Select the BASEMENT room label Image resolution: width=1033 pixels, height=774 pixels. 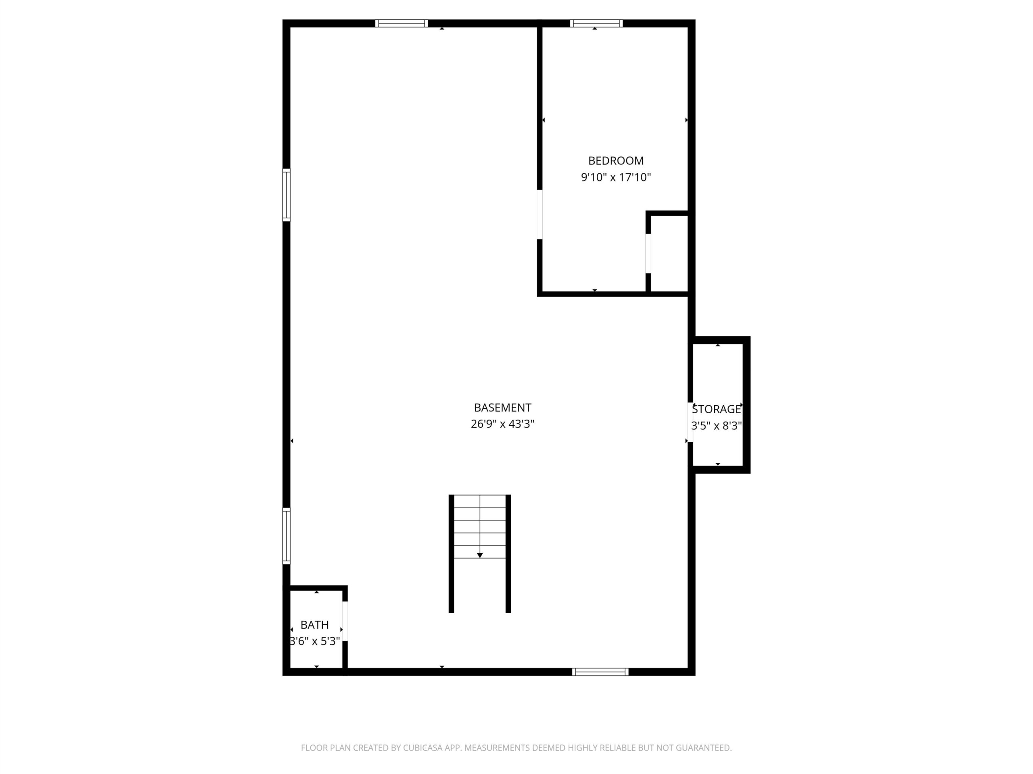pos(502,408)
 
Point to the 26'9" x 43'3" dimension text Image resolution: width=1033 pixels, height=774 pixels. pos(502,424)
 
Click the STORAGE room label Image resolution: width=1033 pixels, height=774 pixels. pos(716,409)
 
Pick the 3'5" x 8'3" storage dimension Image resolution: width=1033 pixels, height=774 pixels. pos(716,425)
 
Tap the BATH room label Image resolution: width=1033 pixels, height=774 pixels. pos(314,625)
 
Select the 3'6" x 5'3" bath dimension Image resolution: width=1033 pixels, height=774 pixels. pos(314,641)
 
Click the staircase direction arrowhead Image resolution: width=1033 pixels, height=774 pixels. pos(480,555)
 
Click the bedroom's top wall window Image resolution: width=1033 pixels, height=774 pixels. pos(596,23)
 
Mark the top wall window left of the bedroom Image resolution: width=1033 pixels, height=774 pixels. pos(401,23)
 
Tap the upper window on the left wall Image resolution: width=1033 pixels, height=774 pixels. pos(286,195)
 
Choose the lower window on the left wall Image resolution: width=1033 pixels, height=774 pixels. pos(286,536)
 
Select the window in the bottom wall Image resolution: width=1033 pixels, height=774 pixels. pos(600,672)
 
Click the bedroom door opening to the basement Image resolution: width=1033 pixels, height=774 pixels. pos(540,214)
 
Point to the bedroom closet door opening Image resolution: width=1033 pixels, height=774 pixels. pos(648,253)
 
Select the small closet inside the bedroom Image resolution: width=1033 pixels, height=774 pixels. pos(669,253)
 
